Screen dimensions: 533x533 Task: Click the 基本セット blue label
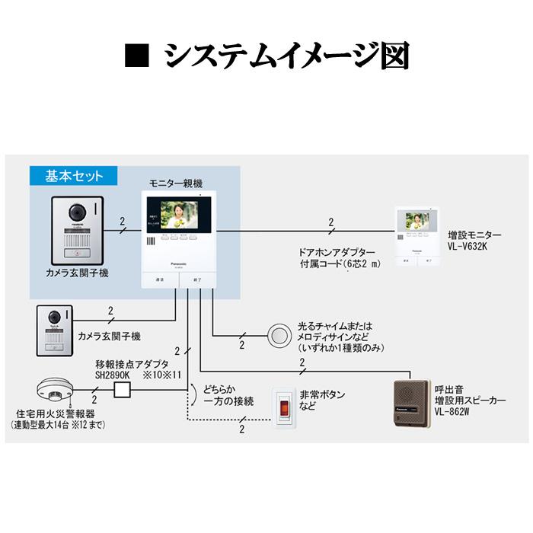[x=66, y=176]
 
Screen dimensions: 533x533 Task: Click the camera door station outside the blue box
[x=53, y=330]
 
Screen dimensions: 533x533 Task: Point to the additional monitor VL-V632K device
[x=414, y=235]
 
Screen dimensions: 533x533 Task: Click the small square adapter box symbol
[x=123, y=391]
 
